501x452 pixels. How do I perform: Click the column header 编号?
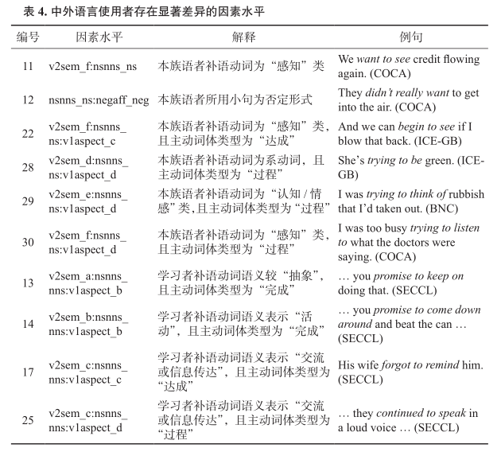tap(28, 37)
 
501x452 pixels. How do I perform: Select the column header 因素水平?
tap(99, 37)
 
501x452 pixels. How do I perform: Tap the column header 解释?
tap(244, 37)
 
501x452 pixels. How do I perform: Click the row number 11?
tap(28, 66)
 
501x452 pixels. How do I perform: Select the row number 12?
tap(28, 99)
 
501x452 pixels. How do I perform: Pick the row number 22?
tap(28, 134)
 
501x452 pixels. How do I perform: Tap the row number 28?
tap(28, 167)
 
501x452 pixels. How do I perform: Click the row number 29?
tap(28, 201)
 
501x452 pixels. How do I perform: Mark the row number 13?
tap(28, 282)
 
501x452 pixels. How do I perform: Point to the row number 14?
tap(28, 324)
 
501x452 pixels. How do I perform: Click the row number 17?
tap(28, 372)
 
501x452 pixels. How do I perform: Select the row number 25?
tap(28, 419)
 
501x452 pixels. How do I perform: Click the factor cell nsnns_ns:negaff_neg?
tap(98, 99)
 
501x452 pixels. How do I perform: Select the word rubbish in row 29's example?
tap(460, 195)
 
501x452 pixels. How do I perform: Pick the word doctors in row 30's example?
tap(410, 242)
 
